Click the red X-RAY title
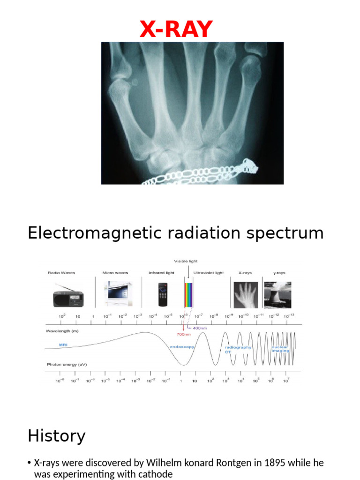pyautogui.click(x=176, y=30)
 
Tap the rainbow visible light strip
pyautogui.click(x=188, y=295)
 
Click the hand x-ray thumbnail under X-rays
pyautogui.click(x=246, y=295)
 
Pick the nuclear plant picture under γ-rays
pyautogui.click(x=277, y=295)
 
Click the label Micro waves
pyautogui.click(x=115, y=272)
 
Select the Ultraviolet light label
pyautogui.click(x=209, y=272)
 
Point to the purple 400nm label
pyautogui.click(x=199, y=328)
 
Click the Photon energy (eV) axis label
pyautogui.click(x=67, y=364)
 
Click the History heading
pyautogui.click(x=56, y=436)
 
